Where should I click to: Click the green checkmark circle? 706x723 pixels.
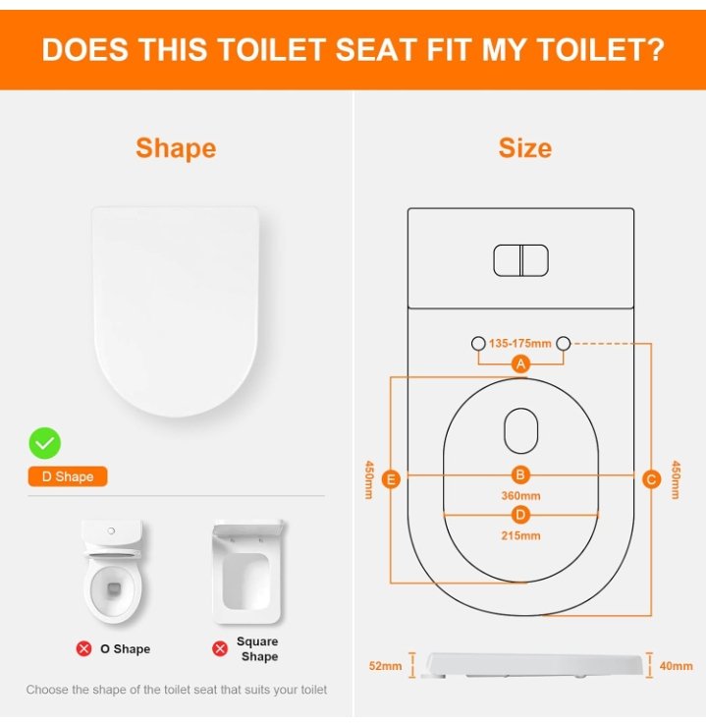[x=45, y=443]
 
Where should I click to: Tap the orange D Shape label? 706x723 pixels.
[x=68, y=476]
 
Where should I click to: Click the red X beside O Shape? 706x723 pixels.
[x=83, y=648]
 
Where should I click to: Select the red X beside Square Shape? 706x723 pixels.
[x=220, y=648]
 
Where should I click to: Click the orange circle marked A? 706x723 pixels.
[x=520, y=363]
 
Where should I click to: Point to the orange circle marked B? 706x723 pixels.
[x=520, y=474]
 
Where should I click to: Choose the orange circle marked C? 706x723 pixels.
[x=651, y=479]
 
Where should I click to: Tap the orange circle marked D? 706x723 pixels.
[x=520, y=515]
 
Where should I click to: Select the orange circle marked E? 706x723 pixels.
[x=391, y=479]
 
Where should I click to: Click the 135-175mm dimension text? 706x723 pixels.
[x=520, y=343]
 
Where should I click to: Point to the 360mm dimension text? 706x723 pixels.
[x=520, y=496]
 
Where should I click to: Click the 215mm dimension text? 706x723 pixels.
[x=520, y=535]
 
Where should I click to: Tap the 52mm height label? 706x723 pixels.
[x=385, y=666]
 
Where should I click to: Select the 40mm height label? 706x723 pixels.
[x=676, y=666]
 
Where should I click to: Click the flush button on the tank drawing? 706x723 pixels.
[x=520, y=260]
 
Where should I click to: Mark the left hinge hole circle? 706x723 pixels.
[x=478, y=343]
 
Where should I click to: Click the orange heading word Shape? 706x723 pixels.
[x=176, y=148]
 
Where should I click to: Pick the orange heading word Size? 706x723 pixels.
[x=525, y=148]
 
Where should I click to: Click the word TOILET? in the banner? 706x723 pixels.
[x=601, y=49]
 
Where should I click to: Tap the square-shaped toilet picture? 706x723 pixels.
[x=247, y=572]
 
